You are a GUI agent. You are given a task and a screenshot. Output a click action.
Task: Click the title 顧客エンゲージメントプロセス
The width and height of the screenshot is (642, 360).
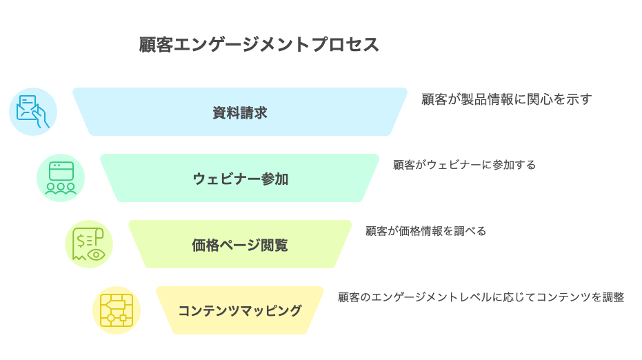(259, 45)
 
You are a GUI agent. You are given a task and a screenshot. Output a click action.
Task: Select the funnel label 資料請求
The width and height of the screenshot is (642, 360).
(239, 112)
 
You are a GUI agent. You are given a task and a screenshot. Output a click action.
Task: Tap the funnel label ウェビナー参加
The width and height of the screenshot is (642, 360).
(239, 179)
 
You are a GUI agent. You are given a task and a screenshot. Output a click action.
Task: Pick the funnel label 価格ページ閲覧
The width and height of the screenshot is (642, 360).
(239, 245)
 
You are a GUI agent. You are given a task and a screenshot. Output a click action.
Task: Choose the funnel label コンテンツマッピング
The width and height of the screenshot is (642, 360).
(239, 311)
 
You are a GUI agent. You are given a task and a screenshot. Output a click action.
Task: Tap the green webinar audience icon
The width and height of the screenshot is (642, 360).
(61, 178)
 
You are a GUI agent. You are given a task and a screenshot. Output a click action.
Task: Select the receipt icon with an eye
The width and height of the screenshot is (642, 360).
(89, 244)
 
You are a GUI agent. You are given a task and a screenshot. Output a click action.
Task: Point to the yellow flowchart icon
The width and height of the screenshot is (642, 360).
(117, 310)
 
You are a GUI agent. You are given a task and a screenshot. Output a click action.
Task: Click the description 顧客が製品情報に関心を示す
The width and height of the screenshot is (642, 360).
(506, 99)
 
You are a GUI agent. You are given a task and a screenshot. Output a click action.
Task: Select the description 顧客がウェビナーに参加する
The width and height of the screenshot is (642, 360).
(464, 166)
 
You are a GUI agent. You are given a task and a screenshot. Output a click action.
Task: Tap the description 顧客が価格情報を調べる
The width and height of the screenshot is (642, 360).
(425, 232)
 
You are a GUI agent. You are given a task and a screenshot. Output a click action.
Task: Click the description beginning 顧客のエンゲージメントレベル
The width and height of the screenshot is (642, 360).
(481, 298)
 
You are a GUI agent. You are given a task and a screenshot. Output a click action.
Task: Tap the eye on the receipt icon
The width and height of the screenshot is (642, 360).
(96, 254)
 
